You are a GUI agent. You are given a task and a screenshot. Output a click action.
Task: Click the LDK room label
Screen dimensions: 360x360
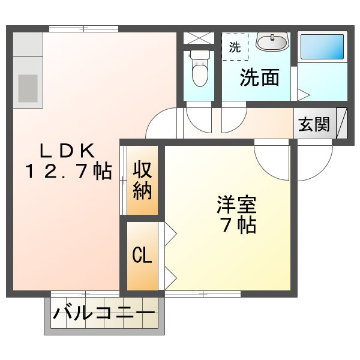67,151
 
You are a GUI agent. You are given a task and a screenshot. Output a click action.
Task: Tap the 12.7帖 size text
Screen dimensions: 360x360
69,171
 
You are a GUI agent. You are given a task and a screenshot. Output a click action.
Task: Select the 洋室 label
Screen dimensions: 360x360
237,205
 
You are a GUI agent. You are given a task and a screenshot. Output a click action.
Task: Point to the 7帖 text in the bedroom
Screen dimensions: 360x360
239,225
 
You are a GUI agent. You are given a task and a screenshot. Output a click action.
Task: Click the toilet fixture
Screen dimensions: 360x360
200,68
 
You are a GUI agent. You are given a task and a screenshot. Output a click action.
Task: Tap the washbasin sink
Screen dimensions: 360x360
272,42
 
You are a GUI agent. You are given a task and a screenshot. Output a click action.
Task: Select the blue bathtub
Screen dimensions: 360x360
322,47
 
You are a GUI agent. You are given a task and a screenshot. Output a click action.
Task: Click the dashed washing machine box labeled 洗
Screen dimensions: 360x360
235,47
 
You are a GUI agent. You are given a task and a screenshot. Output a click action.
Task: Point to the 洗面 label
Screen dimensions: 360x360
259,77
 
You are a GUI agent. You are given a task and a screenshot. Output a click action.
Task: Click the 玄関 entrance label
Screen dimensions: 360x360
314,124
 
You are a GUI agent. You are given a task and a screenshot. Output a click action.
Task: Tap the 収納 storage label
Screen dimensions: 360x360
142,180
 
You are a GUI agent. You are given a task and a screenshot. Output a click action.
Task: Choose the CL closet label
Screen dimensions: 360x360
142,254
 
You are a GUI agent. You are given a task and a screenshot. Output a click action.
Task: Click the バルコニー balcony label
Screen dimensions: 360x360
104,313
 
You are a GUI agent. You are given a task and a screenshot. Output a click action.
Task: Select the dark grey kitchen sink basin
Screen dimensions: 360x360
28,88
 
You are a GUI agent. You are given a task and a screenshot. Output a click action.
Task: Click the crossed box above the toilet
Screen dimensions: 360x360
199,38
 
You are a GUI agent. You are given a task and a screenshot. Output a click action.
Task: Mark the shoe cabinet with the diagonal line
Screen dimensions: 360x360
341,123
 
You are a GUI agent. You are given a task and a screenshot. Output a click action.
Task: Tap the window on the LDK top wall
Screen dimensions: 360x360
84,29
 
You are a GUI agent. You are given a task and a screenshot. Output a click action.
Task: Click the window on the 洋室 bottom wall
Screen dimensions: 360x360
203,293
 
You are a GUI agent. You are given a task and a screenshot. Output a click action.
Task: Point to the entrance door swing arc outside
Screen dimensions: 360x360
323,170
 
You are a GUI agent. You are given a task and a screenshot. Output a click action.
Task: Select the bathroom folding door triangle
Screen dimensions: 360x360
304,94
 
